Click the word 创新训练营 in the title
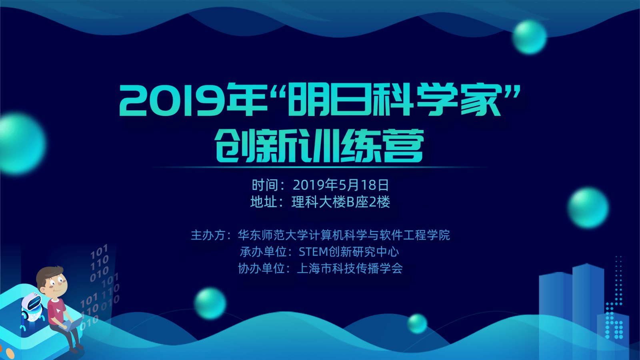(319, 146)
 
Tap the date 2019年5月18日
(340, 185)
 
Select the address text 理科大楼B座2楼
(340, 202)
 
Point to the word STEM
(314, 252)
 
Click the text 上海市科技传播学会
(350, 268)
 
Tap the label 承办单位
(263, 252)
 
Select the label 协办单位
(262, 268)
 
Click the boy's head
(52, 282)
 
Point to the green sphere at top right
(530, 37)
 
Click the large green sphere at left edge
(22, 144)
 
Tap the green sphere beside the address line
(588, 208)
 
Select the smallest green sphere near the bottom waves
(417, 324)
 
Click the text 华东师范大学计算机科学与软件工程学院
(344, 235)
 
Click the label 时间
(264, 185)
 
